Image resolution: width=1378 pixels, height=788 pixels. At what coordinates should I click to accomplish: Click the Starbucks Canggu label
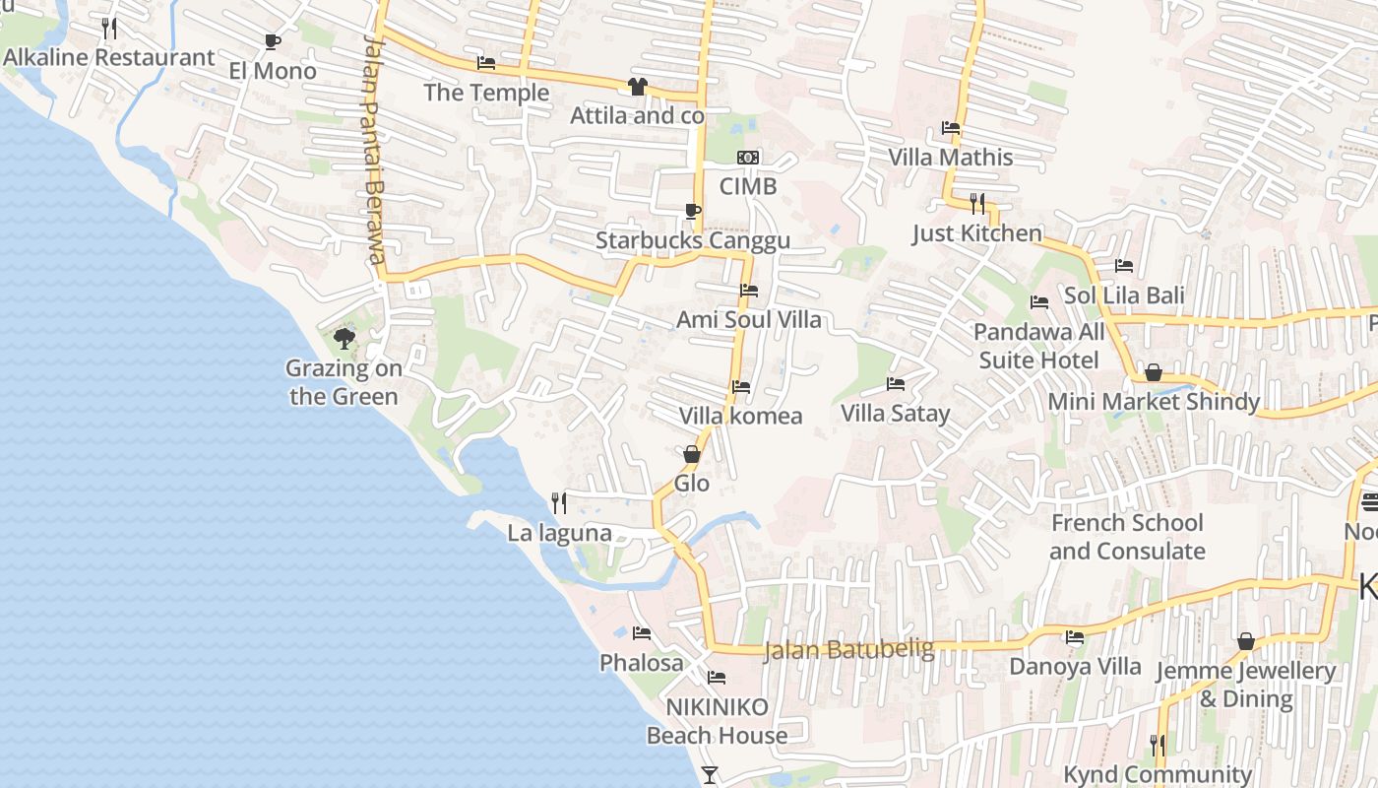click(x=692, y=241)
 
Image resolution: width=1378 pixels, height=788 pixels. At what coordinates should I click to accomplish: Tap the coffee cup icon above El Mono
click(x=273, y=42)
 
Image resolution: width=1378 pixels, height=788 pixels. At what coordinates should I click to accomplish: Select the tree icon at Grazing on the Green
click(x=344, y=339)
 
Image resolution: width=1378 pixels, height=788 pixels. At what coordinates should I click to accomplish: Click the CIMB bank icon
click(x=748, y=158)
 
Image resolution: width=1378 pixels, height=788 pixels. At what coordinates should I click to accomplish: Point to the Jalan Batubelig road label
click(x=848, y=649)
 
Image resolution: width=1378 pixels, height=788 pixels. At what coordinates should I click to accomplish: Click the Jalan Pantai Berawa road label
click(x=372, y=148)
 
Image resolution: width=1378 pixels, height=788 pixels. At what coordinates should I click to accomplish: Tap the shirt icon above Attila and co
click(x=637, y=87)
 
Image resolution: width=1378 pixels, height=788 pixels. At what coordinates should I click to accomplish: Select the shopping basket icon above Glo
click(x=692, y=454)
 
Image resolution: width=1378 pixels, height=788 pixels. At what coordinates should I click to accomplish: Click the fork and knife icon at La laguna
click(x=559, y=503)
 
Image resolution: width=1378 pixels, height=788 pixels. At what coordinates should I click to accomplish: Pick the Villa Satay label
click(x=895, y=413)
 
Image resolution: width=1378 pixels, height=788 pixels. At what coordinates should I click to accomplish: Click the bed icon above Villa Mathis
click(x=951, y=128)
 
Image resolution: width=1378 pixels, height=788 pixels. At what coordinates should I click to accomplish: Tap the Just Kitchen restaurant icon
click(x=977, y=204)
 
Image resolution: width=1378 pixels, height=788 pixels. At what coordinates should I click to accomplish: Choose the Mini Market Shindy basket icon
click(x=1153, y=372)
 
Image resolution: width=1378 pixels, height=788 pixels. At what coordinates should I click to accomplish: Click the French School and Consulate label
click(x=1127, y=537)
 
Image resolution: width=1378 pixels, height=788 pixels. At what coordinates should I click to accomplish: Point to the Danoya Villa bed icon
click(x=1075, y=637)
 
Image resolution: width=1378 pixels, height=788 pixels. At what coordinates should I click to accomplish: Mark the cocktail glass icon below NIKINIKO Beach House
click(x=710, y=775)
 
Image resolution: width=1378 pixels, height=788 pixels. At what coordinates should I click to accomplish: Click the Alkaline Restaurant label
click(x=108, y=57)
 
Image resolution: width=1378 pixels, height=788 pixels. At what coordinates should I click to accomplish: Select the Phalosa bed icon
click(x=642, y=633)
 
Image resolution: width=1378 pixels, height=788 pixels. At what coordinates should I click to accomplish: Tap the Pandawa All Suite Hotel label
click(x=1038, y=346)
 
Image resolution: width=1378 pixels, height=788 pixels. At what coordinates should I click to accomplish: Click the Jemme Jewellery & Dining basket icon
click(x=1245, y=642)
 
